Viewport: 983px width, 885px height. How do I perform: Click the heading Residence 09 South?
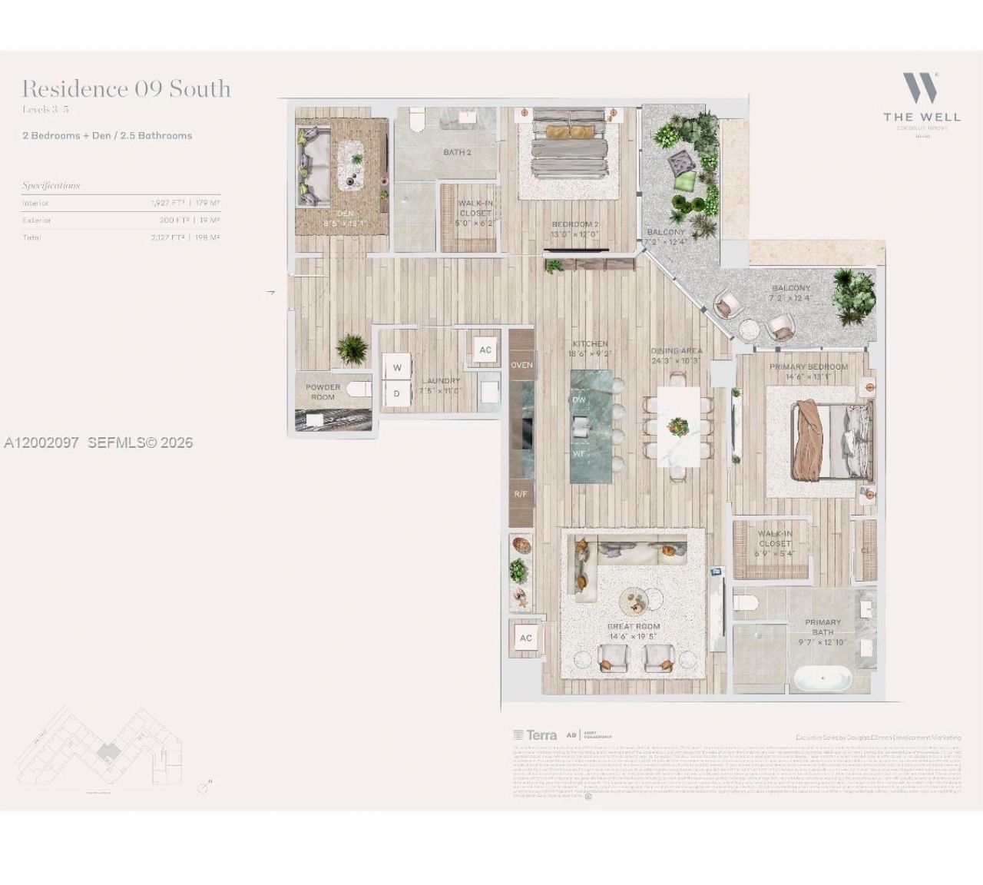click(126, 89)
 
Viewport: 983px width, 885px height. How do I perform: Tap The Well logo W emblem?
click(921, 88)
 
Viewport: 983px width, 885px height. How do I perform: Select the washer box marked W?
click(397, 368)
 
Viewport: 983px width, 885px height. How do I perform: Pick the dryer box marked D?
click(397, 393)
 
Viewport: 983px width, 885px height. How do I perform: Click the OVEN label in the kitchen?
click(521, 365)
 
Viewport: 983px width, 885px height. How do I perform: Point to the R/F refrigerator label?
click(521, 494)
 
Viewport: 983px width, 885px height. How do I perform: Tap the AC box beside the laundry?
click(485, 350)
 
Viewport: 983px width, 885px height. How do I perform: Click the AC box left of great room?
click(526, 638)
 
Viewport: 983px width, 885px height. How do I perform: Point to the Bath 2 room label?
click(457, 152)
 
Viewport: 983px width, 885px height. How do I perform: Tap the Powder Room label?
click(323, 392)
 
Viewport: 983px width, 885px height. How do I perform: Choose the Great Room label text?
click(634, 627)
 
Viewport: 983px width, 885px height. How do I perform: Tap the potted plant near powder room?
click(352, 350)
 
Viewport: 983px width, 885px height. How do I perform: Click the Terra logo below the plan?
click(535, 735)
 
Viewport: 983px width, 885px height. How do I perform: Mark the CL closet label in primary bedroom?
click(866, 550)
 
